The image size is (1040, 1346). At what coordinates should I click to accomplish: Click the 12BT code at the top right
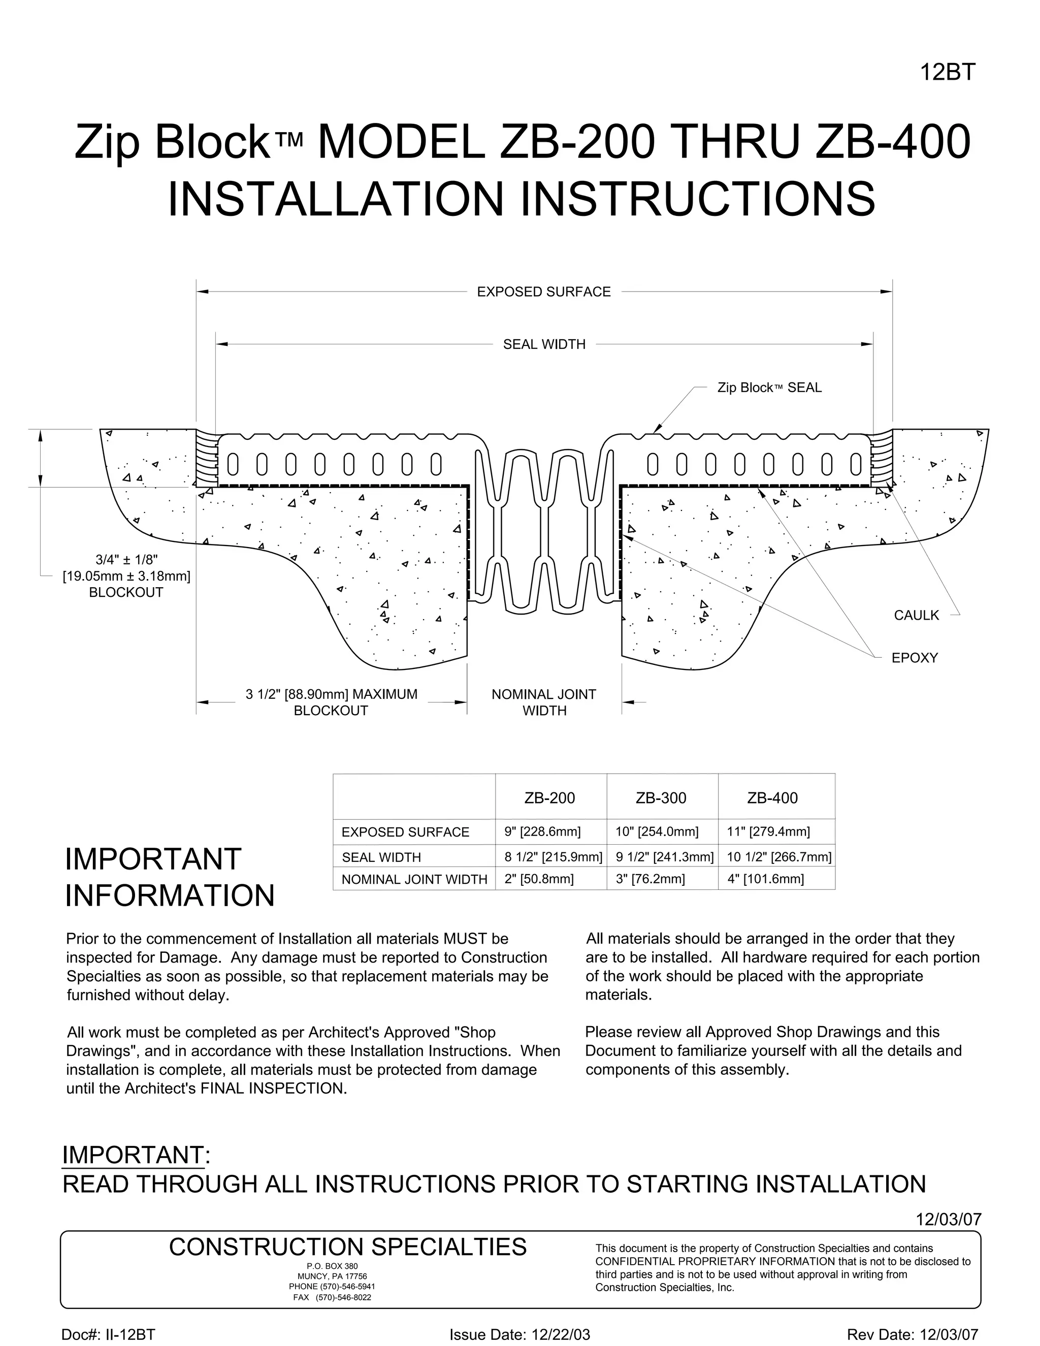(x=948, y=73)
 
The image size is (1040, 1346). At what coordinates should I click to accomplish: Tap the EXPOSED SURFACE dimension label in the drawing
(x=543, y=292)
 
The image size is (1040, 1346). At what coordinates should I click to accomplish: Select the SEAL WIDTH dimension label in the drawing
(x=544, y=344)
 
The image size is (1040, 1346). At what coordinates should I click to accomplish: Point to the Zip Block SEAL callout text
(x=769, y=388)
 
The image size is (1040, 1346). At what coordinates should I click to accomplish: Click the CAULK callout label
(x=916, y=615)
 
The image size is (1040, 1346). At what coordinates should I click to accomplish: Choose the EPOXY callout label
(x=914, y=658)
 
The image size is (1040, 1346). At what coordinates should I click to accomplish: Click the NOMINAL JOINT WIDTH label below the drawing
(x=543, y=702)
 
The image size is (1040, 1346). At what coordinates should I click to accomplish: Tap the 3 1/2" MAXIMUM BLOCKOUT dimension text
(x=331, y=702)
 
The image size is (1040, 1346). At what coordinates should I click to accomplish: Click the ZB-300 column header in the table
(x=661, y=797)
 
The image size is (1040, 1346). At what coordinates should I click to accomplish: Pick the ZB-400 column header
(x=772, y=797)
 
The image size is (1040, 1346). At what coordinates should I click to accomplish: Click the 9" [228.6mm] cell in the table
(x=542, y=832)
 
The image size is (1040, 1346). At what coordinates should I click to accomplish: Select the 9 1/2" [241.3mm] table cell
(x=664, y=857)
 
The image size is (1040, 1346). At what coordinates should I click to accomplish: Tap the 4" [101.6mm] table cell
(x=765, y=879)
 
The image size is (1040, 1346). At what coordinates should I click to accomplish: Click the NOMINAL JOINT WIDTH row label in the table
(x=414, y=879)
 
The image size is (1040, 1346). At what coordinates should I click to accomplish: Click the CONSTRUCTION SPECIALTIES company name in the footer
(x=347, y=1247)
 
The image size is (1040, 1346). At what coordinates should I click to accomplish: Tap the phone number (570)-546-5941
(x=332, y=1287)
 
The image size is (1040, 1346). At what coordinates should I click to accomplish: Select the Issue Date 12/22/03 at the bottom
(x=519, y=1335)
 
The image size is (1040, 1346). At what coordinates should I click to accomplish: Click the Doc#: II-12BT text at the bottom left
(x=108, y=1335)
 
